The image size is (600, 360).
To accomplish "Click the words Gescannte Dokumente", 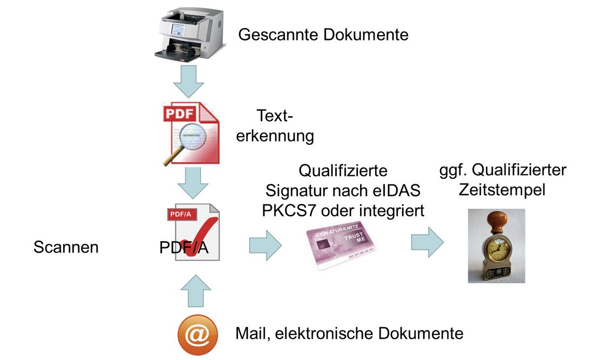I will point(323,36).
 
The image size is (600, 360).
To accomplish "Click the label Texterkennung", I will point(276,126).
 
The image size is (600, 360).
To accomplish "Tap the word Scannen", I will point(66,248).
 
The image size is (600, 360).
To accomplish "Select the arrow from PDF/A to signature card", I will point(265,246).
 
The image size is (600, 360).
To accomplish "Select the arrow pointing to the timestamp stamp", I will point(427,241).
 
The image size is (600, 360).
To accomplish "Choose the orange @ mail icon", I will point(197,334).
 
